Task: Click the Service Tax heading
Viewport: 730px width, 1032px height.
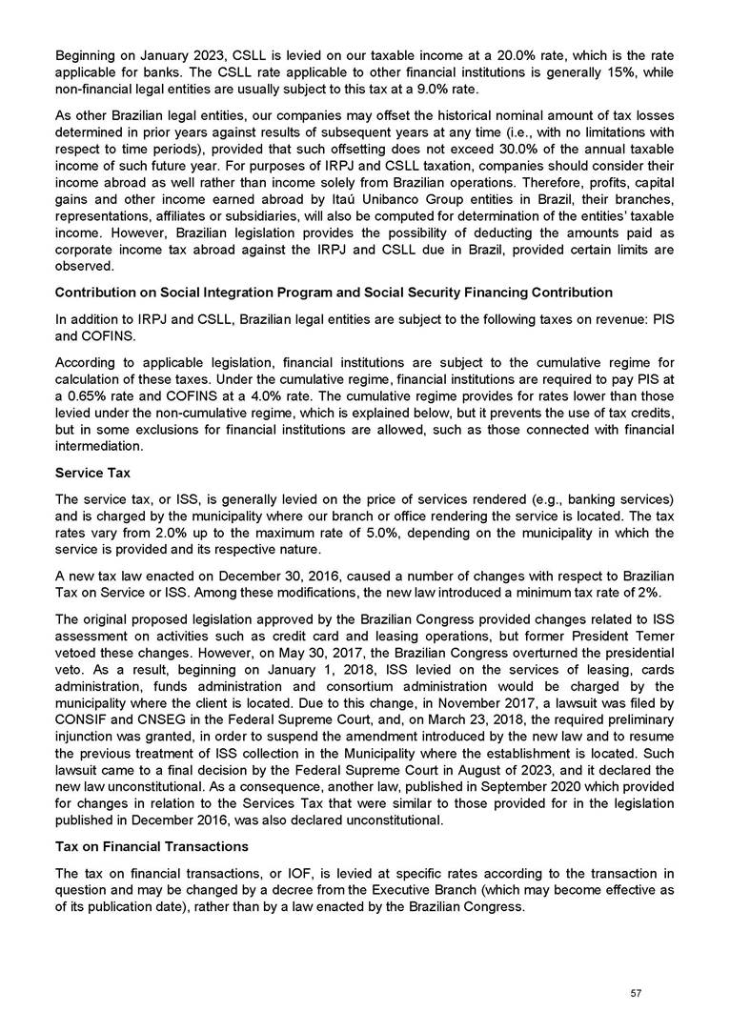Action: point(93,473)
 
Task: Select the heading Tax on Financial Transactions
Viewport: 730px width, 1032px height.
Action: point(152,846)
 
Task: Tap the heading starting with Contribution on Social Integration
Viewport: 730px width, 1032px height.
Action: point(334,292)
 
